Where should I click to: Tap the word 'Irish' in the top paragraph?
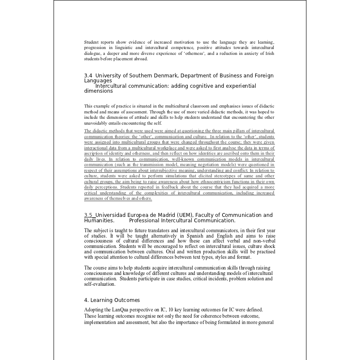click(x=267, y=53)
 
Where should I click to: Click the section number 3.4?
click(x=89, y=76)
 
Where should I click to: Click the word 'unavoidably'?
click(x=97, y=123)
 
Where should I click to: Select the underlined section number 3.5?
click(x=89, y=215)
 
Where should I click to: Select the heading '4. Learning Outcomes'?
click(x=112, y=300)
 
